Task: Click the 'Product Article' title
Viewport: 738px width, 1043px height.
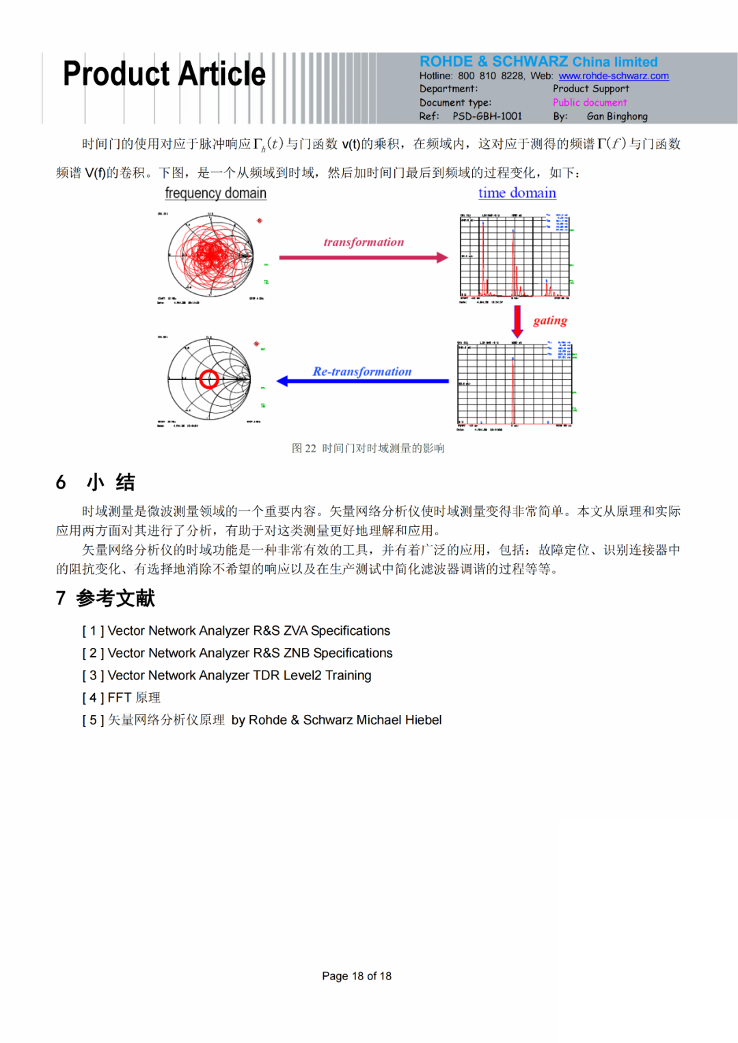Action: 164,74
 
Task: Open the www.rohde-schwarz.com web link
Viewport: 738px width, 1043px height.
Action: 613,76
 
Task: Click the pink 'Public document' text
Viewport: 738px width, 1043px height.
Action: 590,103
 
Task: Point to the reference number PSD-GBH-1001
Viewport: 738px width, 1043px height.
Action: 487,116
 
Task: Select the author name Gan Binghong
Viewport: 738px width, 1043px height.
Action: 616,116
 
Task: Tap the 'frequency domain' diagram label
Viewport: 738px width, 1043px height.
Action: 215,193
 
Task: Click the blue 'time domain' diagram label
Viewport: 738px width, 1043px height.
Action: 517,193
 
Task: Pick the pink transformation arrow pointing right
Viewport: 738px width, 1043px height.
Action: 363,258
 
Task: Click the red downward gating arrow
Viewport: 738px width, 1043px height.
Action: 517,321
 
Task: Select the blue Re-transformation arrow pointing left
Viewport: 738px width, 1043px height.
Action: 362,381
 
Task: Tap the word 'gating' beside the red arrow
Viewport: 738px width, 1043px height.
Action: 550,321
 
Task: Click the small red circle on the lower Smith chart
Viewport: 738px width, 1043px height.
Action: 209,379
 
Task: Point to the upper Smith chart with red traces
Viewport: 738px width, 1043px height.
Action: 210,256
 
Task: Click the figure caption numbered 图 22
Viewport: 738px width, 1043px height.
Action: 368,448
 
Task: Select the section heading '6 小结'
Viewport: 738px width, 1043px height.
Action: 96,483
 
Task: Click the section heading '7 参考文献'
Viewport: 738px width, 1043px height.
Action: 106,598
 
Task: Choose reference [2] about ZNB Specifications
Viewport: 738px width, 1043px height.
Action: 237,653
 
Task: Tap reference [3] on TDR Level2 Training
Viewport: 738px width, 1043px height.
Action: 227,675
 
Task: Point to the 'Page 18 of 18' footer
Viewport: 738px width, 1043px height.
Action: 357,976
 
